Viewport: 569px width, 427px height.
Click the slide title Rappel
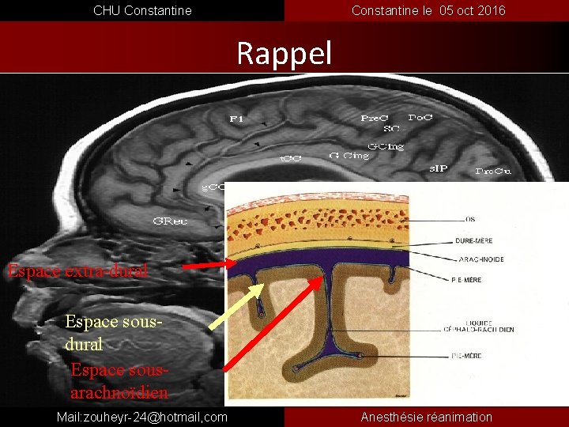click(284, 54)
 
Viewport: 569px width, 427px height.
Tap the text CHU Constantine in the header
click(142, 10)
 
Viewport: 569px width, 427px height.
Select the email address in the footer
click(142, 417)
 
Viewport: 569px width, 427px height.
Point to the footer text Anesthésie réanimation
click(426, 417)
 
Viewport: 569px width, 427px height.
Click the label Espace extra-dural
click(77, 271)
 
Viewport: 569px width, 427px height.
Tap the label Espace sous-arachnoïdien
click(119, 381)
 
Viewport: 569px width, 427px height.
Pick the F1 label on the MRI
click(236, 119)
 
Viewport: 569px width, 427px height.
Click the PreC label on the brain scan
click(375, 119)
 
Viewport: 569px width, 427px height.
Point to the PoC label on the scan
click(420, 117)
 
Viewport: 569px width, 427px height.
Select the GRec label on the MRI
click(170, 221)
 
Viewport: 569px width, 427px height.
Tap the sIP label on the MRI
click(439, 168)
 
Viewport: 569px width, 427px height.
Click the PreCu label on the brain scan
click(494, 171)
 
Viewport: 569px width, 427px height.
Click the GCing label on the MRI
click(386, 146)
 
